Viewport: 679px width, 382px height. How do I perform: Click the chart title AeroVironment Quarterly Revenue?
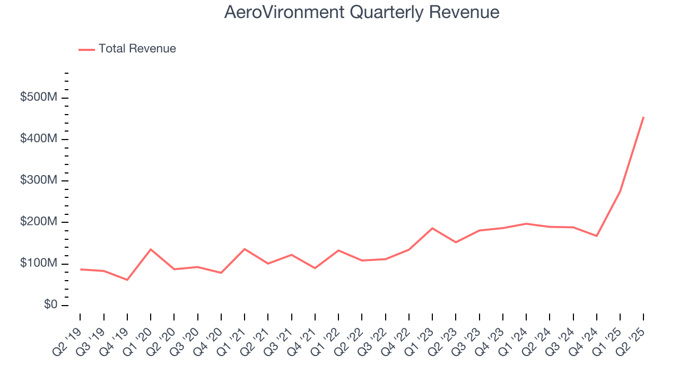coord(361,12)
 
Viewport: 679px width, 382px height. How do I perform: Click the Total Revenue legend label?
coord(137,49)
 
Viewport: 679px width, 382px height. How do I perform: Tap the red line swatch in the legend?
coord(86,49)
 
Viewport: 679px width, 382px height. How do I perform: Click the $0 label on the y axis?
coord(51,305)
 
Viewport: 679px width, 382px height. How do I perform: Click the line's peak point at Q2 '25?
coord(643,117)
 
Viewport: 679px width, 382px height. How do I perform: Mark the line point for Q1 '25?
coord(620,192)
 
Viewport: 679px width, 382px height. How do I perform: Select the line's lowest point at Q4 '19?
coord(127,280)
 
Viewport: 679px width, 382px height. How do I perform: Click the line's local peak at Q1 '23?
coord(432,228)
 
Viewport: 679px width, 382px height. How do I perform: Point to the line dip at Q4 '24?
coord(597,236)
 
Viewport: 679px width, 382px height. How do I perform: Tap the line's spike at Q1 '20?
coord(151,249)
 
